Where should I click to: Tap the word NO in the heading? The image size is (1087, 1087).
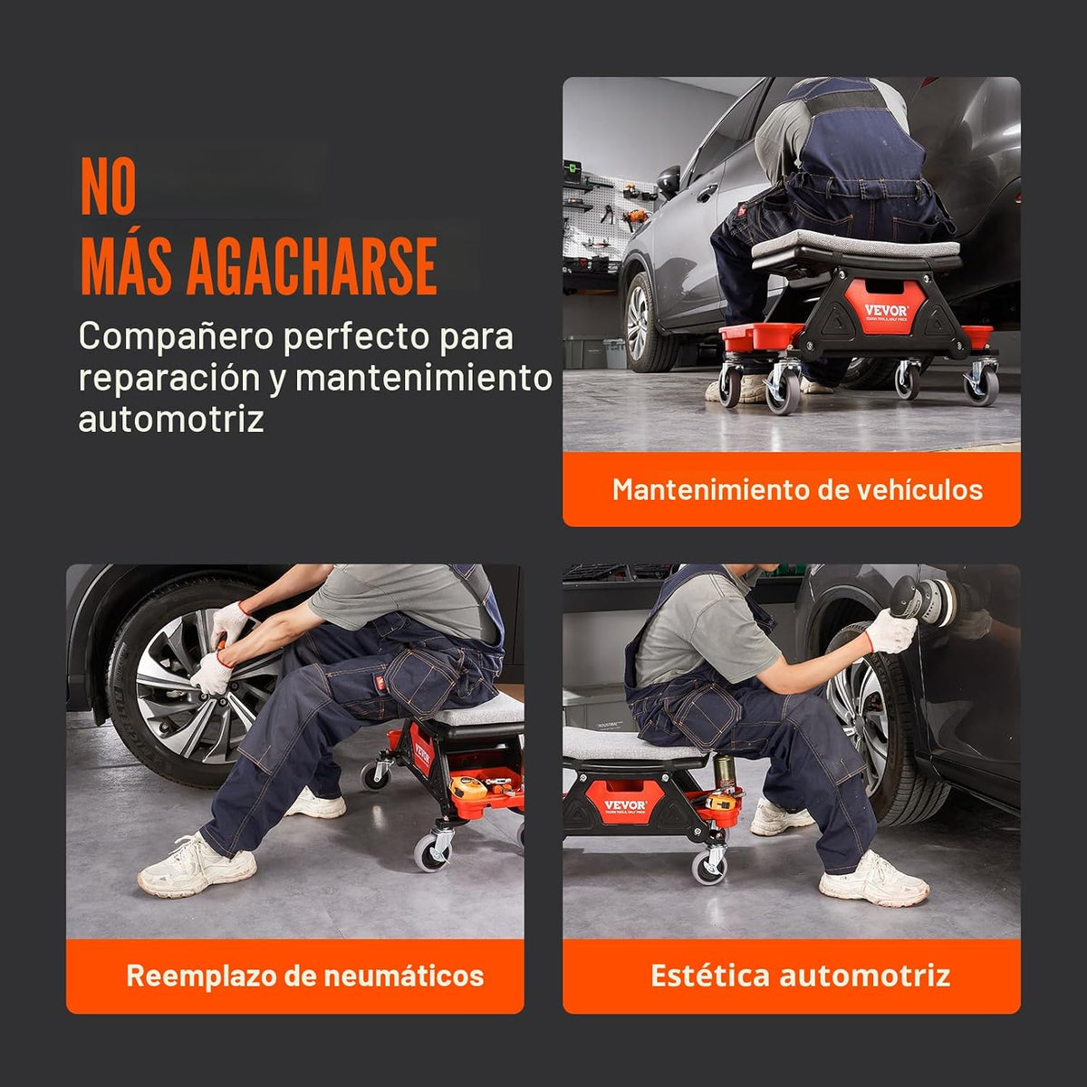109,187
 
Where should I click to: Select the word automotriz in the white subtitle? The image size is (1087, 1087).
171,418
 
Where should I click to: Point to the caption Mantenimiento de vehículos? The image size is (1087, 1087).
797,490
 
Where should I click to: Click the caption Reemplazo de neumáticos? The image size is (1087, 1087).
305,976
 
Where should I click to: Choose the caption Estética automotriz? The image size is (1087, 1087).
801,976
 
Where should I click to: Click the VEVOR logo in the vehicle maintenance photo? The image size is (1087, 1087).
887,311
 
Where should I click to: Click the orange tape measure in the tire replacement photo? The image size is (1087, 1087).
468,787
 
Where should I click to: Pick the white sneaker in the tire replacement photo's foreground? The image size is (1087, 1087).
197,865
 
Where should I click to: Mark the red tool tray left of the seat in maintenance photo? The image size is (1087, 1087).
759,337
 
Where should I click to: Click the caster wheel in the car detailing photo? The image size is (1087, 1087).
708,868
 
